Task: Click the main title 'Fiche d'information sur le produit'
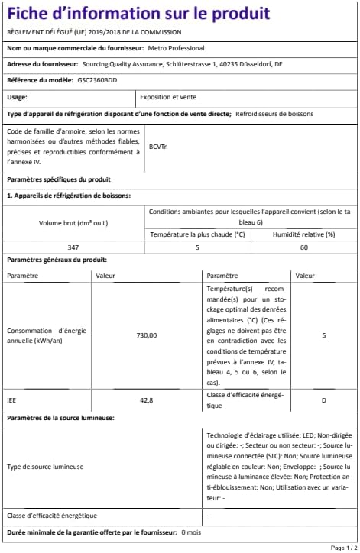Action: (138, 15)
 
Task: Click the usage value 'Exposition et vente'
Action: (166, 97)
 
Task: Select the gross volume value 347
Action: (74, 247)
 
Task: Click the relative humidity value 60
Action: (303, 247)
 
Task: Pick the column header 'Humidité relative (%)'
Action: (303, 234)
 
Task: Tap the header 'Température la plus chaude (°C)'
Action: (196, 234)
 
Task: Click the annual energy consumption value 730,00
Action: (146, 335)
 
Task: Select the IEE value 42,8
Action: (146, 399)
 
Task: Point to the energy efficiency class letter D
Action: (323, 399)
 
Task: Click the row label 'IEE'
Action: (11, 399)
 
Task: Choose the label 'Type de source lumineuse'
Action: (45, 466)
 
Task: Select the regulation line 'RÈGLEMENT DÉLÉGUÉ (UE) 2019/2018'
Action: (93, 32)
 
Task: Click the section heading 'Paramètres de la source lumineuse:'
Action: (60, 419)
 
